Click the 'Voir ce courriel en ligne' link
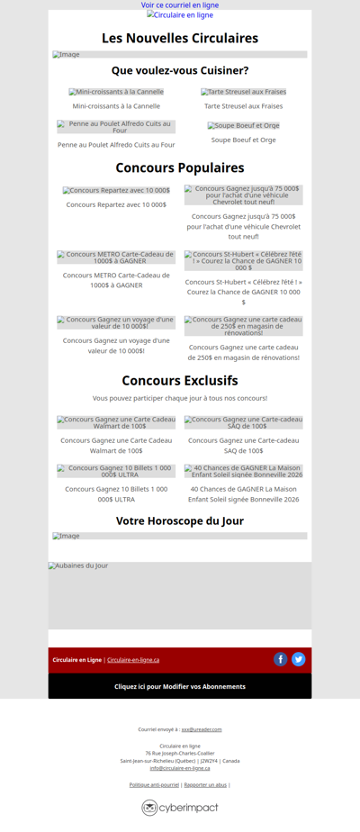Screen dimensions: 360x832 (x=180, y=5)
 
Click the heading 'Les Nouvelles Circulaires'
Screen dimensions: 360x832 (x=180, y=38)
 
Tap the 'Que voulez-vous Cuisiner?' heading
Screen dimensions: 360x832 (x=180, y=70)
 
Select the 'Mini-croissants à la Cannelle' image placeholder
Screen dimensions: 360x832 (x=116, y=92)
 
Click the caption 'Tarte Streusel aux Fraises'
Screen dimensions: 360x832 (x=243, y=106)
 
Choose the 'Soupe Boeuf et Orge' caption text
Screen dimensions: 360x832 (x=243, y=140)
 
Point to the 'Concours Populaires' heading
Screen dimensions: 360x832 (x=180, y=167)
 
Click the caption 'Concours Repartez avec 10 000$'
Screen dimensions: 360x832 (x=116, y=204)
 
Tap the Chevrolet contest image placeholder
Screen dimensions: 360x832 (x=243, y=195)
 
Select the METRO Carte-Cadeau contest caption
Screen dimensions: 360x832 (x=116, y=280)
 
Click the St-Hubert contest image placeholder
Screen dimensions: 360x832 (x=243, y=260)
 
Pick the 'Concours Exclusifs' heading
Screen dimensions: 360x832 (x=180, y=380)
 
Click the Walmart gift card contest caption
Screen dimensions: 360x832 (x=116, y=445)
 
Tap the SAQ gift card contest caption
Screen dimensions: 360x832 (x=243, y=445)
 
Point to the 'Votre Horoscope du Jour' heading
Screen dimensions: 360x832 (x=180, y=520)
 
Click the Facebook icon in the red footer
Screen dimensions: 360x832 (x=280, y=659)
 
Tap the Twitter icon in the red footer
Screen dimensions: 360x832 (x=299, y=659)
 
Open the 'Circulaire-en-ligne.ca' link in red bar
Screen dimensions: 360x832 (x=133, y=660)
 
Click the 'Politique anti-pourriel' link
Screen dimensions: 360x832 (x=154, y=785)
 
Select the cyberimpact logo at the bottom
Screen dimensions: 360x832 (x=180, y=808)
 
